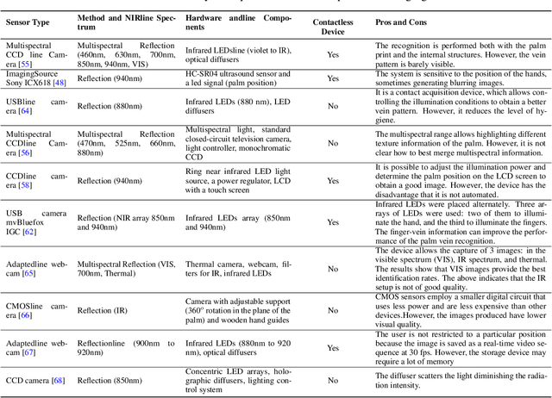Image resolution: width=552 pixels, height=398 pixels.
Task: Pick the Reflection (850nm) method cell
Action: [108, 380]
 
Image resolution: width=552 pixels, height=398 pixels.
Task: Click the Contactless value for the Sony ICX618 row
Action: [332, 78]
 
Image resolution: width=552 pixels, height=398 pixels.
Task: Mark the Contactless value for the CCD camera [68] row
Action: [332, 380]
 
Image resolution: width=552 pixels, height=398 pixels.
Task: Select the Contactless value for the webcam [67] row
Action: [332, 349]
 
